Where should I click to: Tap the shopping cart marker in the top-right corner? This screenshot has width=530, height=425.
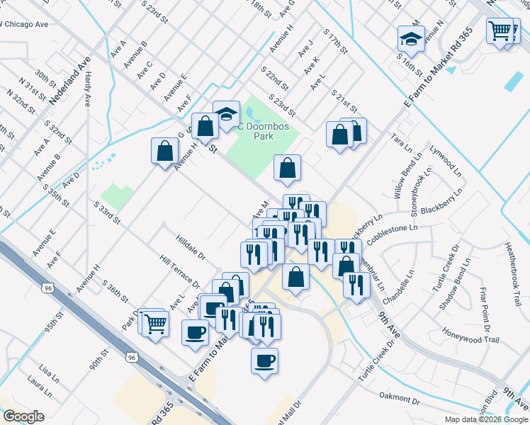click(500, 30)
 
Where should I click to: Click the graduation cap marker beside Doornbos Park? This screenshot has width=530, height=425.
click(226, 113)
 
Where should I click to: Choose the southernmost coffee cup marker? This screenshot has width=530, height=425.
click(264, 361)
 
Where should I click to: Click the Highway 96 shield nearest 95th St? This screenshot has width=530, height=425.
click(47, 288)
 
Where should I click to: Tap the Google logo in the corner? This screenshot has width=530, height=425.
click(23, 416)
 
